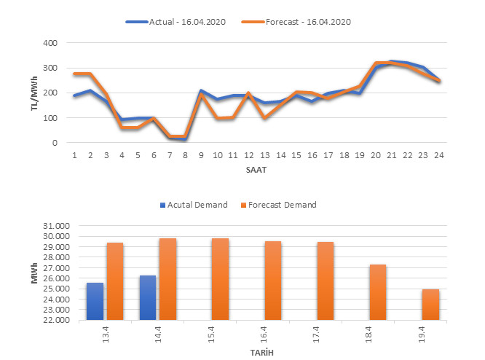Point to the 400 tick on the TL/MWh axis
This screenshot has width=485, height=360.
[50, 43]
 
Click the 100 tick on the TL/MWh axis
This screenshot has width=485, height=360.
[50, 118]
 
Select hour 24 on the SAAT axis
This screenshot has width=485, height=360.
[438, 155]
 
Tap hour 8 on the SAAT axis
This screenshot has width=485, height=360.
[186, 155]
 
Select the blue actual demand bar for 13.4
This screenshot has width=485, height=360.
[95, 301]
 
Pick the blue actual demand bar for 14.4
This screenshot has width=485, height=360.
[148, 297]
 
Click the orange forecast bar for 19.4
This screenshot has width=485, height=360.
[430, 305]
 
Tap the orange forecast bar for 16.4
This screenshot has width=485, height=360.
[273, 281]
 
